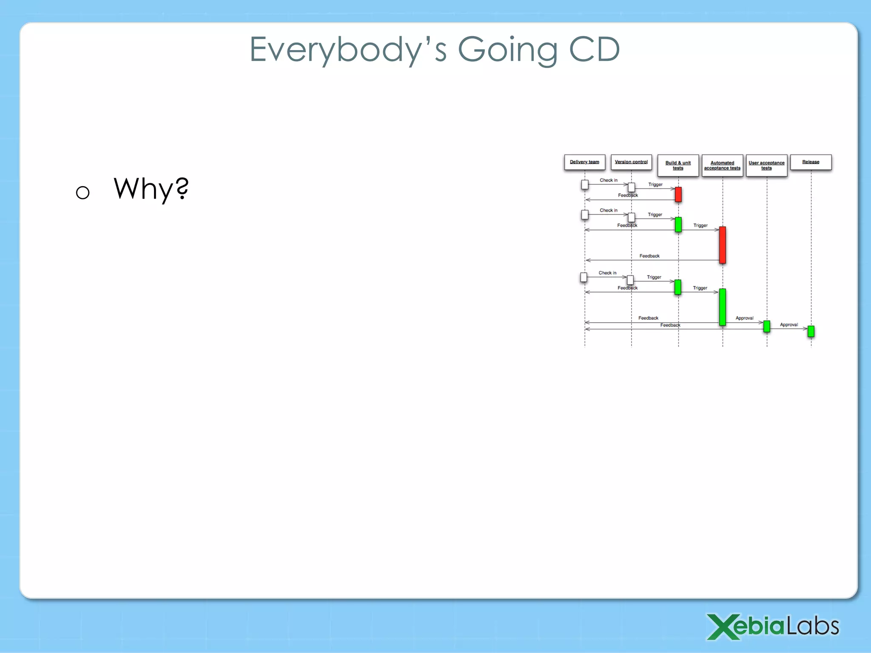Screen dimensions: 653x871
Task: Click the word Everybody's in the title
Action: coord(348,50)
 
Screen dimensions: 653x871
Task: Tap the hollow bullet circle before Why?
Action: coord(83,193)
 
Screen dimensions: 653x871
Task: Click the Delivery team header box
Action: coord(584,162)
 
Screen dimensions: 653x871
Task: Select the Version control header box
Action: coord(631,162)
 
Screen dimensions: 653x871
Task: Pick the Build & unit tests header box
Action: coord(678,165)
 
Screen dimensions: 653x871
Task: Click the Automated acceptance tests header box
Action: coord(722,165)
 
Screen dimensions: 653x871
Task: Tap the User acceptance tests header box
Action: coord(766,165)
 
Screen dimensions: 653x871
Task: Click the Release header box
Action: coord(811,162)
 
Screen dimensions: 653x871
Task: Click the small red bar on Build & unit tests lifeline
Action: coord(678,194)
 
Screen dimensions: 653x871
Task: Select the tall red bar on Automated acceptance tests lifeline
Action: coord(723,245)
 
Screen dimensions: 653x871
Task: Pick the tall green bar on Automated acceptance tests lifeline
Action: coord(723,307)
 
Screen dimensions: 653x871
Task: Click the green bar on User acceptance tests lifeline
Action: coord(767,326)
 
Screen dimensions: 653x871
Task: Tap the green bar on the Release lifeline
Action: coord(811,331)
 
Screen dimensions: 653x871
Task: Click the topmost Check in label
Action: coord(608,180)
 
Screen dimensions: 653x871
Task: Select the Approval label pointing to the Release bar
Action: coord(788,325)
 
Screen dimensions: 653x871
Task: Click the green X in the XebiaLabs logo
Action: coord(723,627)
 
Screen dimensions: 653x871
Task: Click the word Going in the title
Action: coord(508,50)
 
